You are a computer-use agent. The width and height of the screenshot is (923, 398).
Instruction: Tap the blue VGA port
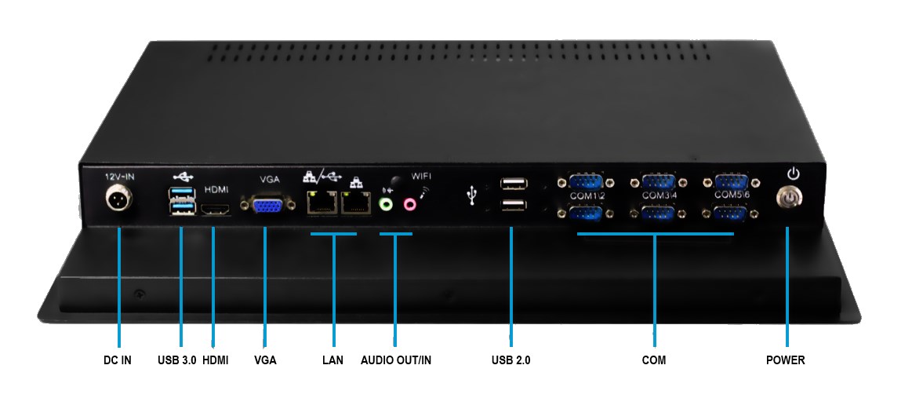[266, 206]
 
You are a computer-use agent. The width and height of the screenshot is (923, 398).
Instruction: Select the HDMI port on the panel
[216, 210]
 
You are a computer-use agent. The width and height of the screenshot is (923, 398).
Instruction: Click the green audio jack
[385, 204]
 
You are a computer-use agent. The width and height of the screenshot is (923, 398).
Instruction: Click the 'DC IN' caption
[118, 360]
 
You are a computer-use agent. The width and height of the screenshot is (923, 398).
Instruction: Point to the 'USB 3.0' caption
[176, 360]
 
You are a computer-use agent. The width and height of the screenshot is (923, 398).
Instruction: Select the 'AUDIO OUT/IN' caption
[396, 360]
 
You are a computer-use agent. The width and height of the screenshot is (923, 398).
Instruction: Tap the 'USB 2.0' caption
[511, 360]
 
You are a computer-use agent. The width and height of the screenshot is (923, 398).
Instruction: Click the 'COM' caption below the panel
[653, 360]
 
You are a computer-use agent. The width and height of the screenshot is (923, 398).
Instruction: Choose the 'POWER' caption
[786, 360]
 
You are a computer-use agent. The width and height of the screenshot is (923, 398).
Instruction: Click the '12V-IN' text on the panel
[120, 177]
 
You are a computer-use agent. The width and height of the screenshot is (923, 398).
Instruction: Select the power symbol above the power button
[793, 173]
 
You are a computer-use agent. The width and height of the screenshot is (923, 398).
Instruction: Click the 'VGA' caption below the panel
[265, 360]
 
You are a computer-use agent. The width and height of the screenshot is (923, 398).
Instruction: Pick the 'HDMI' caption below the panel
[216, 360]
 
